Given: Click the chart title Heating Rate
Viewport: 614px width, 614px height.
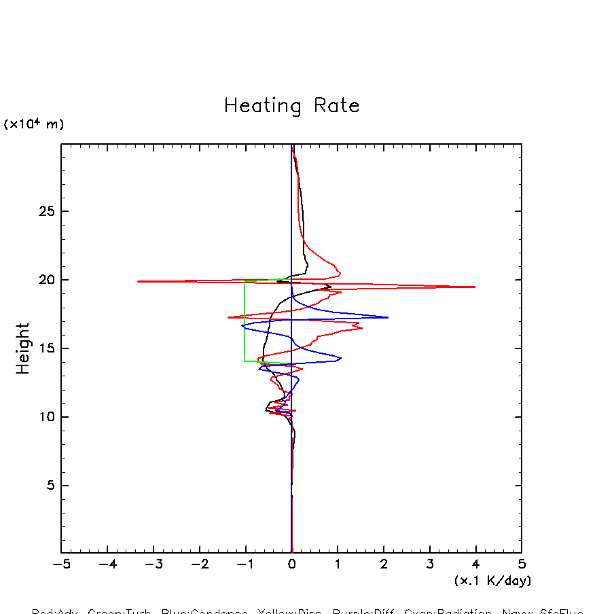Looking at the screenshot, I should coord(291,106).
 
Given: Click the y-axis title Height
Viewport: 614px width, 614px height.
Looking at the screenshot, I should coord(23,348).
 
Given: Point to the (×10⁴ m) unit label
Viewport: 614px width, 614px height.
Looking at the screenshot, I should coord(34,124).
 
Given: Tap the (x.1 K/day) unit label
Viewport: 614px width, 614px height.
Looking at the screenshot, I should coord(492,581).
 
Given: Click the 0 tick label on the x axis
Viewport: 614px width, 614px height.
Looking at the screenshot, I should coord(291,564).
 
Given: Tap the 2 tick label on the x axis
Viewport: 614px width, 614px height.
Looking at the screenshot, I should coord(384,564).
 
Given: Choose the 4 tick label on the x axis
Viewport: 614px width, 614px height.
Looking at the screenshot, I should coord(475,564).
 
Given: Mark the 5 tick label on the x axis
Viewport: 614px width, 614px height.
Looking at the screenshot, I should coord(522,564).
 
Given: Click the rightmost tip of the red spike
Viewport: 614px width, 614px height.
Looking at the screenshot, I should coord(475,287).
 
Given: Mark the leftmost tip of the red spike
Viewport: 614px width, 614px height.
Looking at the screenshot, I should coord(138,281).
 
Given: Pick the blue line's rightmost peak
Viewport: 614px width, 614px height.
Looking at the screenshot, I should coord(388,317).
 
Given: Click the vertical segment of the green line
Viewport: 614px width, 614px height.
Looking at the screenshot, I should coord(245,319).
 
